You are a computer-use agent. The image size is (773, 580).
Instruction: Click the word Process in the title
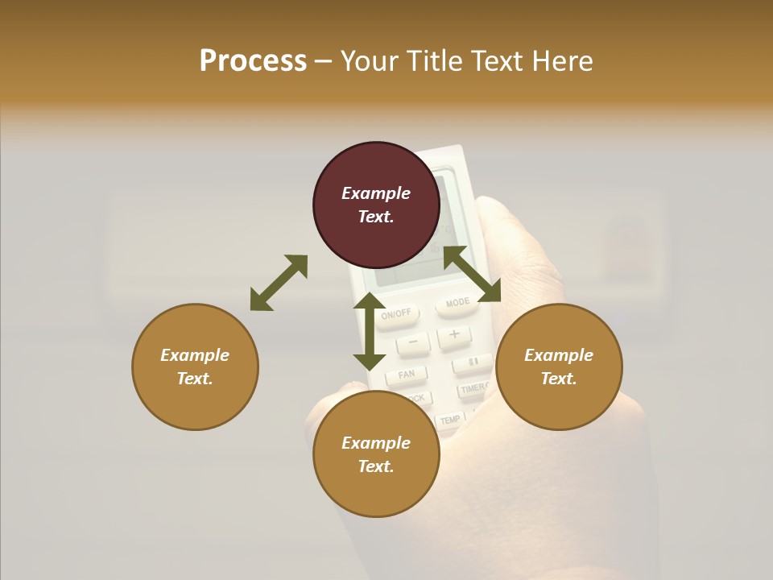pyautogui.click(x=253, y=61)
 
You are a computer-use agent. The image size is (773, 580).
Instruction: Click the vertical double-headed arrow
pyautogui.click(x=370, y=331)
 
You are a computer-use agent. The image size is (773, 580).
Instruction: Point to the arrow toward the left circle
pyautogui.click(x=279, y=283)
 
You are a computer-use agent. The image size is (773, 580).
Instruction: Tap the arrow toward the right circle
pyautogui.click(x=472, y=274)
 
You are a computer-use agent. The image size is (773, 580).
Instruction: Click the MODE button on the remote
pyautogui.click(x=457, y=304)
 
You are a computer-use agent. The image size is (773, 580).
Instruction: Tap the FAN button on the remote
pyautogui.click(x=407, y=375)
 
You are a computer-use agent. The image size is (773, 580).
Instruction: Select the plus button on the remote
pyautogui.click(x=455, y=333)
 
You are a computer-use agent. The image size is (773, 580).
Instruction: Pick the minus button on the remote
pyautogui.click(x=413, y=342)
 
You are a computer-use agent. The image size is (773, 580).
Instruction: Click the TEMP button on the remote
pyautogui.click(x=449, y=420)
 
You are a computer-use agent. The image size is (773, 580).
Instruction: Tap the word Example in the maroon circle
pyautogui.click(x=376, y=193)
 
